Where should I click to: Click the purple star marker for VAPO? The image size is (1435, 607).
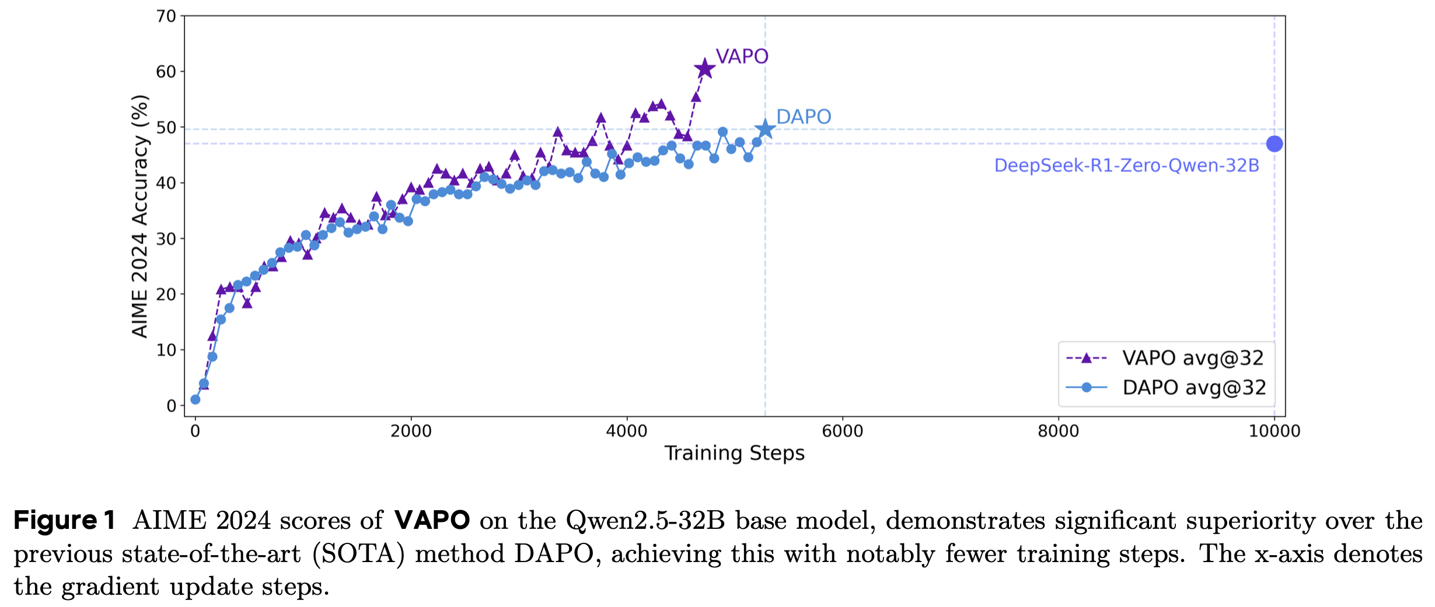(x=705, y=69)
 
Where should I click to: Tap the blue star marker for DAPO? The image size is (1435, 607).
(x=765, y=129)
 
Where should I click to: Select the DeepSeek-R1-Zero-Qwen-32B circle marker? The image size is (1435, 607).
(x=1275, y=143)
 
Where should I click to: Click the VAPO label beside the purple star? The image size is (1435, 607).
(x=742, y=57)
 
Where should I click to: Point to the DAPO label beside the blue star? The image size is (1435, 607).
(x=804, y=117)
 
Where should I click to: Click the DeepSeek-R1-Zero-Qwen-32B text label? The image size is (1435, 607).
(x=1126, y=166)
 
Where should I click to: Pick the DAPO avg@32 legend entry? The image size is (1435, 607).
(x=1165, y=388)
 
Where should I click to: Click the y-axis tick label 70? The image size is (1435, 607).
(x=166, y=16)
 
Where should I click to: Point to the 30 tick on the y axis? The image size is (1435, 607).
(x=166, y=238)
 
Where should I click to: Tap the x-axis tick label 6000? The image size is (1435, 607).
(x=842, y=431)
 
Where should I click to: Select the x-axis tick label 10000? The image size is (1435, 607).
(x=1275, y=431)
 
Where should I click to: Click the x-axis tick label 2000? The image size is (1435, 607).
(x=411, y=431)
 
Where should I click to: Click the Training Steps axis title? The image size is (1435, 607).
(x=734, y=453)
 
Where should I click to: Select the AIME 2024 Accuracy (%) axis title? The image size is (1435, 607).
(x=140, y=216)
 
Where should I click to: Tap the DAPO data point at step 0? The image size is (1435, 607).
(x=195, y=399)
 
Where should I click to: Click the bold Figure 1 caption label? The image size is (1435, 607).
(x=64, y=520)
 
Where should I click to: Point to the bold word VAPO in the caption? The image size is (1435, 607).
(x=432, y=520)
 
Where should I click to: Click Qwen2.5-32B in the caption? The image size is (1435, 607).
(x=645, y=521)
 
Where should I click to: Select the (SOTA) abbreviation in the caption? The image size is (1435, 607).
(x=358, y=554)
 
